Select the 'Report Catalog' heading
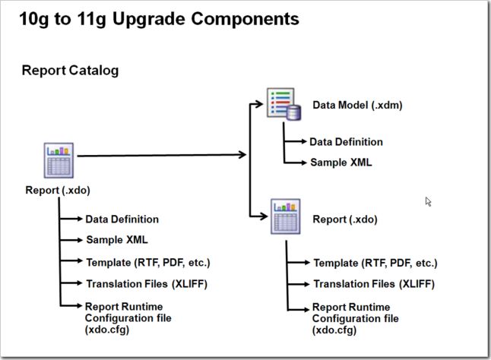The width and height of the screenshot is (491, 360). coord(70,71)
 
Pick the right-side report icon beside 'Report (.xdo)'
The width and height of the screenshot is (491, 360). coord(286,218)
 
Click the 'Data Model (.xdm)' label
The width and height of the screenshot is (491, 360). coord(357,106)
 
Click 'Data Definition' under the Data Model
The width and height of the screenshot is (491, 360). coord(346,142)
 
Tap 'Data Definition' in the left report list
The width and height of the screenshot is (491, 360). coord(122,219)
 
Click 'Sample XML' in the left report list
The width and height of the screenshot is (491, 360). coord(116,240)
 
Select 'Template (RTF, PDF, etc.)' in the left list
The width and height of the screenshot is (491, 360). coord(147,262)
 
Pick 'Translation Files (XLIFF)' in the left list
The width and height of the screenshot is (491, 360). coord(146,284)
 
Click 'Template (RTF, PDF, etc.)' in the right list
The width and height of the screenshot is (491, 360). coord(375,263)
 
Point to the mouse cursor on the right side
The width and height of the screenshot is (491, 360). coord(428,201)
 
